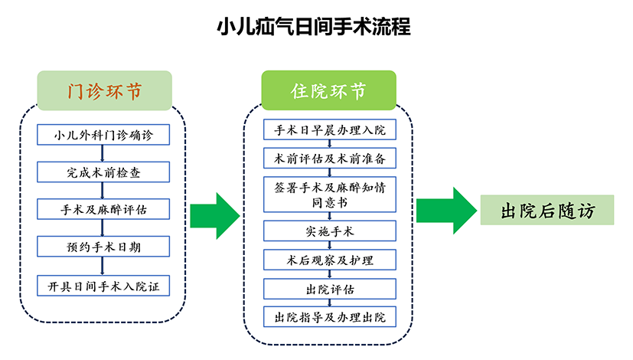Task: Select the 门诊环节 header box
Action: pos(105,91)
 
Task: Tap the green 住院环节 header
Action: pos(328,91)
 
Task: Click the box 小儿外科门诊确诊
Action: pos(104,136)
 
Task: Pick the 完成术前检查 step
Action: pos(104,172)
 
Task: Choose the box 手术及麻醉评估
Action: pos(104,209)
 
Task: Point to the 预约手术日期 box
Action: pos(104,247)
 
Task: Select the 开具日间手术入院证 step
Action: pos(104,286)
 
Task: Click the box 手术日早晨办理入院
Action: pos(330,129)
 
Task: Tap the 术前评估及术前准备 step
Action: pos(330,158)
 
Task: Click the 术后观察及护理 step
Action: pos(330,260)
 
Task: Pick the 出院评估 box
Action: pos(330,289)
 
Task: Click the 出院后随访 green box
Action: pos(547,210)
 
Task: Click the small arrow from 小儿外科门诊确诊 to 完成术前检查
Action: pos(104,154)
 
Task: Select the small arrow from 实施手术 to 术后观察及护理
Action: pos(330,245)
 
